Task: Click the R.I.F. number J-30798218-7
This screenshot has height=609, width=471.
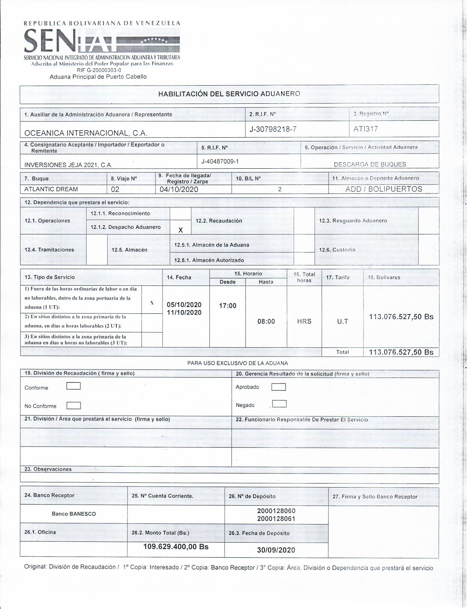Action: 273,129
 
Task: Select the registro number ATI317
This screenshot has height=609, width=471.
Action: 365,129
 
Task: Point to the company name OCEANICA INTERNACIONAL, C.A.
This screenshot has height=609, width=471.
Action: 86,133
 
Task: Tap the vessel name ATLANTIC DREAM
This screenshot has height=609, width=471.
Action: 51,189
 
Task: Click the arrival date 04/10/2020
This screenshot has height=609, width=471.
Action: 179,190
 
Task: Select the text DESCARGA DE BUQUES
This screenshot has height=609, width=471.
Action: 370,165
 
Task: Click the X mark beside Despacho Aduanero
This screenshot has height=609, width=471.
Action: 180,230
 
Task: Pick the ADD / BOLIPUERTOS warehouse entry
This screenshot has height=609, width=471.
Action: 383,189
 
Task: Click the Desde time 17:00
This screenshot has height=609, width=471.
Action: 228,306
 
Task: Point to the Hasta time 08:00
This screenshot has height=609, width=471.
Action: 266,321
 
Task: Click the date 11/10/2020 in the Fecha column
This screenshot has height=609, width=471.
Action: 184,313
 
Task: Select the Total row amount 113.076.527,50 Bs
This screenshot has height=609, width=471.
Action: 401,352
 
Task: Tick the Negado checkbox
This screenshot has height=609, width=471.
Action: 279,404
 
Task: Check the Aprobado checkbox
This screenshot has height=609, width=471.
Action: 278,387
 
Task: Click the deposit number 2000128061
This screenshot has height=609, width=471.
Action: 276,519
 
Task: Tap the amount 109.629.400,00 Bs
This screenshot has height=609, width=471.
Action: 176,547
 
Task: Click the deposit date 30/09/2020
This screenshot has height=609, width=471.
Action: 276,550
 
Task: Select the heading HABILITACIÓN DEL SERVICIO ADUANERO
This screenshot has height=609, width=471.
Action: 229,94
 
